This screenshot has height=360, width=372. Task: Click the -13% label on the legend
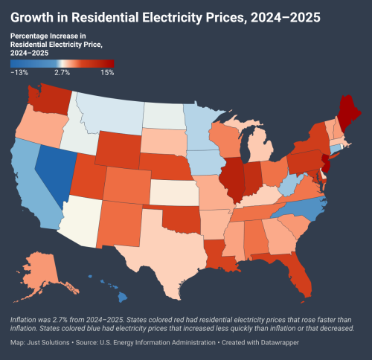pos(19,73)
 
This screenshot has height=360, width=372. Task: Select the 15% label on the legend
pos(106,73)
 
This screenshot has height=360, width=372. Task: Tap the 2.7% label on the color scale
pos(62,73)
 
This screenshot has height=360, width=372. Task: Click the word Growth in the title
pos(37,16)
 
